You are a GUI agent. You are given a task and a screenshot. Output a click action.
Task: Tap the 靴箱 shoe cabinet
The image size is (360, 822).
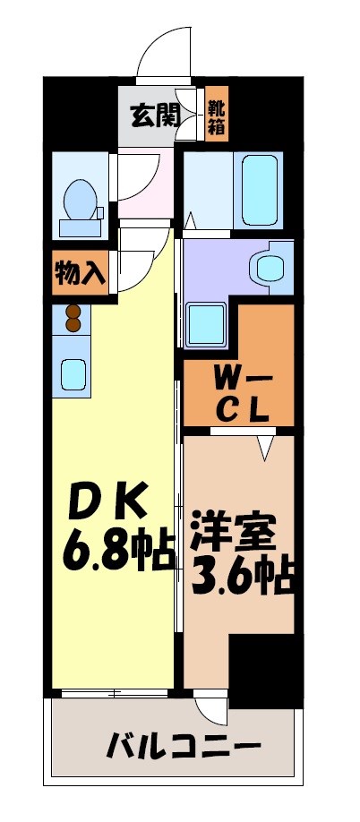(x=216, y=114)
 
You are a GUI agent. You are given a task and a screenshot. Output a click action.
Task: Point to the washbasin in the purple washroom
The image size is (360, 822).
(x=268, y=266)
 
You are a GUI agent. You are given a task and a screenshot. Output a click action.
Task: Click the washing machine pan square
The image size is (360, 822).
(x=207, y=323)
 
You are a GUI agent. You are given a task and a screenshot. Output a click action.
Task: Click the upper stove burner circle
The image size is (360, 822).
(x=73, y=313)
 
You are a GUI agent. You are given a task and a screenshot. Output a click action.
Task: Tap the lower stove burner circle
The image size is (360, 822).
(x=73, y=325)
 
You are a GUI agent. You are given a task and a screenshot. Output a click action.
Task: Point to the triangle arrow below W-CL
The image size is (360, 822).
(x=266, y=446)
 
